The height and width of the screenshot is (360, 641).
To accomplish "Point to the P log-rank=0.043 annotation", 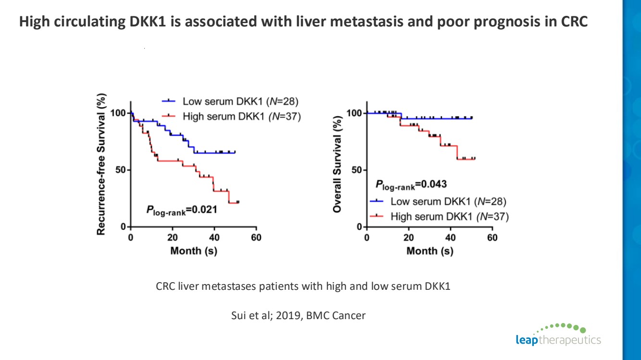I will point(411,184).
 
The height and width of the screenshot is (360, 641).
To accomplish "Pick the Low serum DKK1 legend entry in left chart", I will point(231,101).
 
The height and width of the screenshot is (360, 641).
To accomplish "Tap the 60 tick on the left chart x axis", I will point(256,237).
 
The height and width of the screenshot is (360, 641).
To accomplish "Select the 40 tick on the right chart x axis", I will point(451,237).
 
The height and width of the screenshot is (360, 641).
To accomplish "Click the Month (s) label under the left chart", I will point(193,251).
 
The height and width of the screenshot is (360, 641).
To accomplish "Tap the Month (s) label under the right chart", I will point(430,251).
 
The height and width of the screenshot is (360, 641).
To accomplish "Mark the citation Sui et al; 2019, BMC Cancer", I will point(299,316).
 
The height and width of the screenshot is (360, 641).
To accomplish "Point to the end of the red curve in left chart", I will point(238,202).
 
